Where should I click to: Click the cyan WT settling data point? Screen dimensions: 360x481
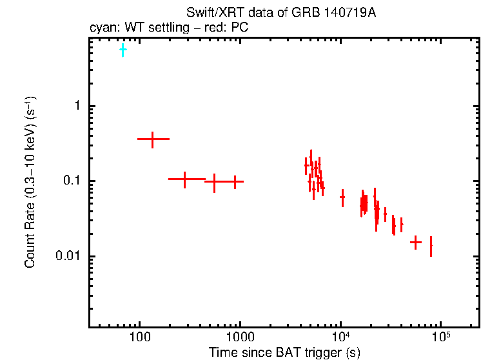tap(123, 49)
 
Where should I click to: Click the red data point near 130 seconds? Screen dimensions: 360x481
tap(153, 139)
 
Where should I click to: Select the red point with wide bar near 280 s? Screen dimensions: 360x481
tap(185, 179)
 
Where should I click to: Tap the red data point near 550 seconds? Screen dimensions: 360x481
tap(215, 182)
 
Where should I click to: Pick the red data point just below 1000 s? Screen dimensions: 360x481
tap(235, 182)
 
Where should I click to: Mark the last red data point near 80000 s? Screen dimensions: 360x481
tap(431, 246)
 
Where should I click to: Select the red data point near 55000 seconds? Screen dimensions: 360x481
tap(416, 243)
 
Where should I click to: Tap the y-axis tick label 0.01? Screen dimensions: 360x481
tap(69, 257)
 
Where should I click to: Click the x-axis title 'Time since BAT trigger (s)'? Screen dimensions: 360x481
tap(284, 352)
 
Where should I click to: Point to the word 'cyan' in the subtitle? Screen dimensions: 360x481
tap(101, 28)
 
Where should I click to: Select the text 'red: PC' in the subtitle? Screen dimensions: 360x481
tap(230, 28)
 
